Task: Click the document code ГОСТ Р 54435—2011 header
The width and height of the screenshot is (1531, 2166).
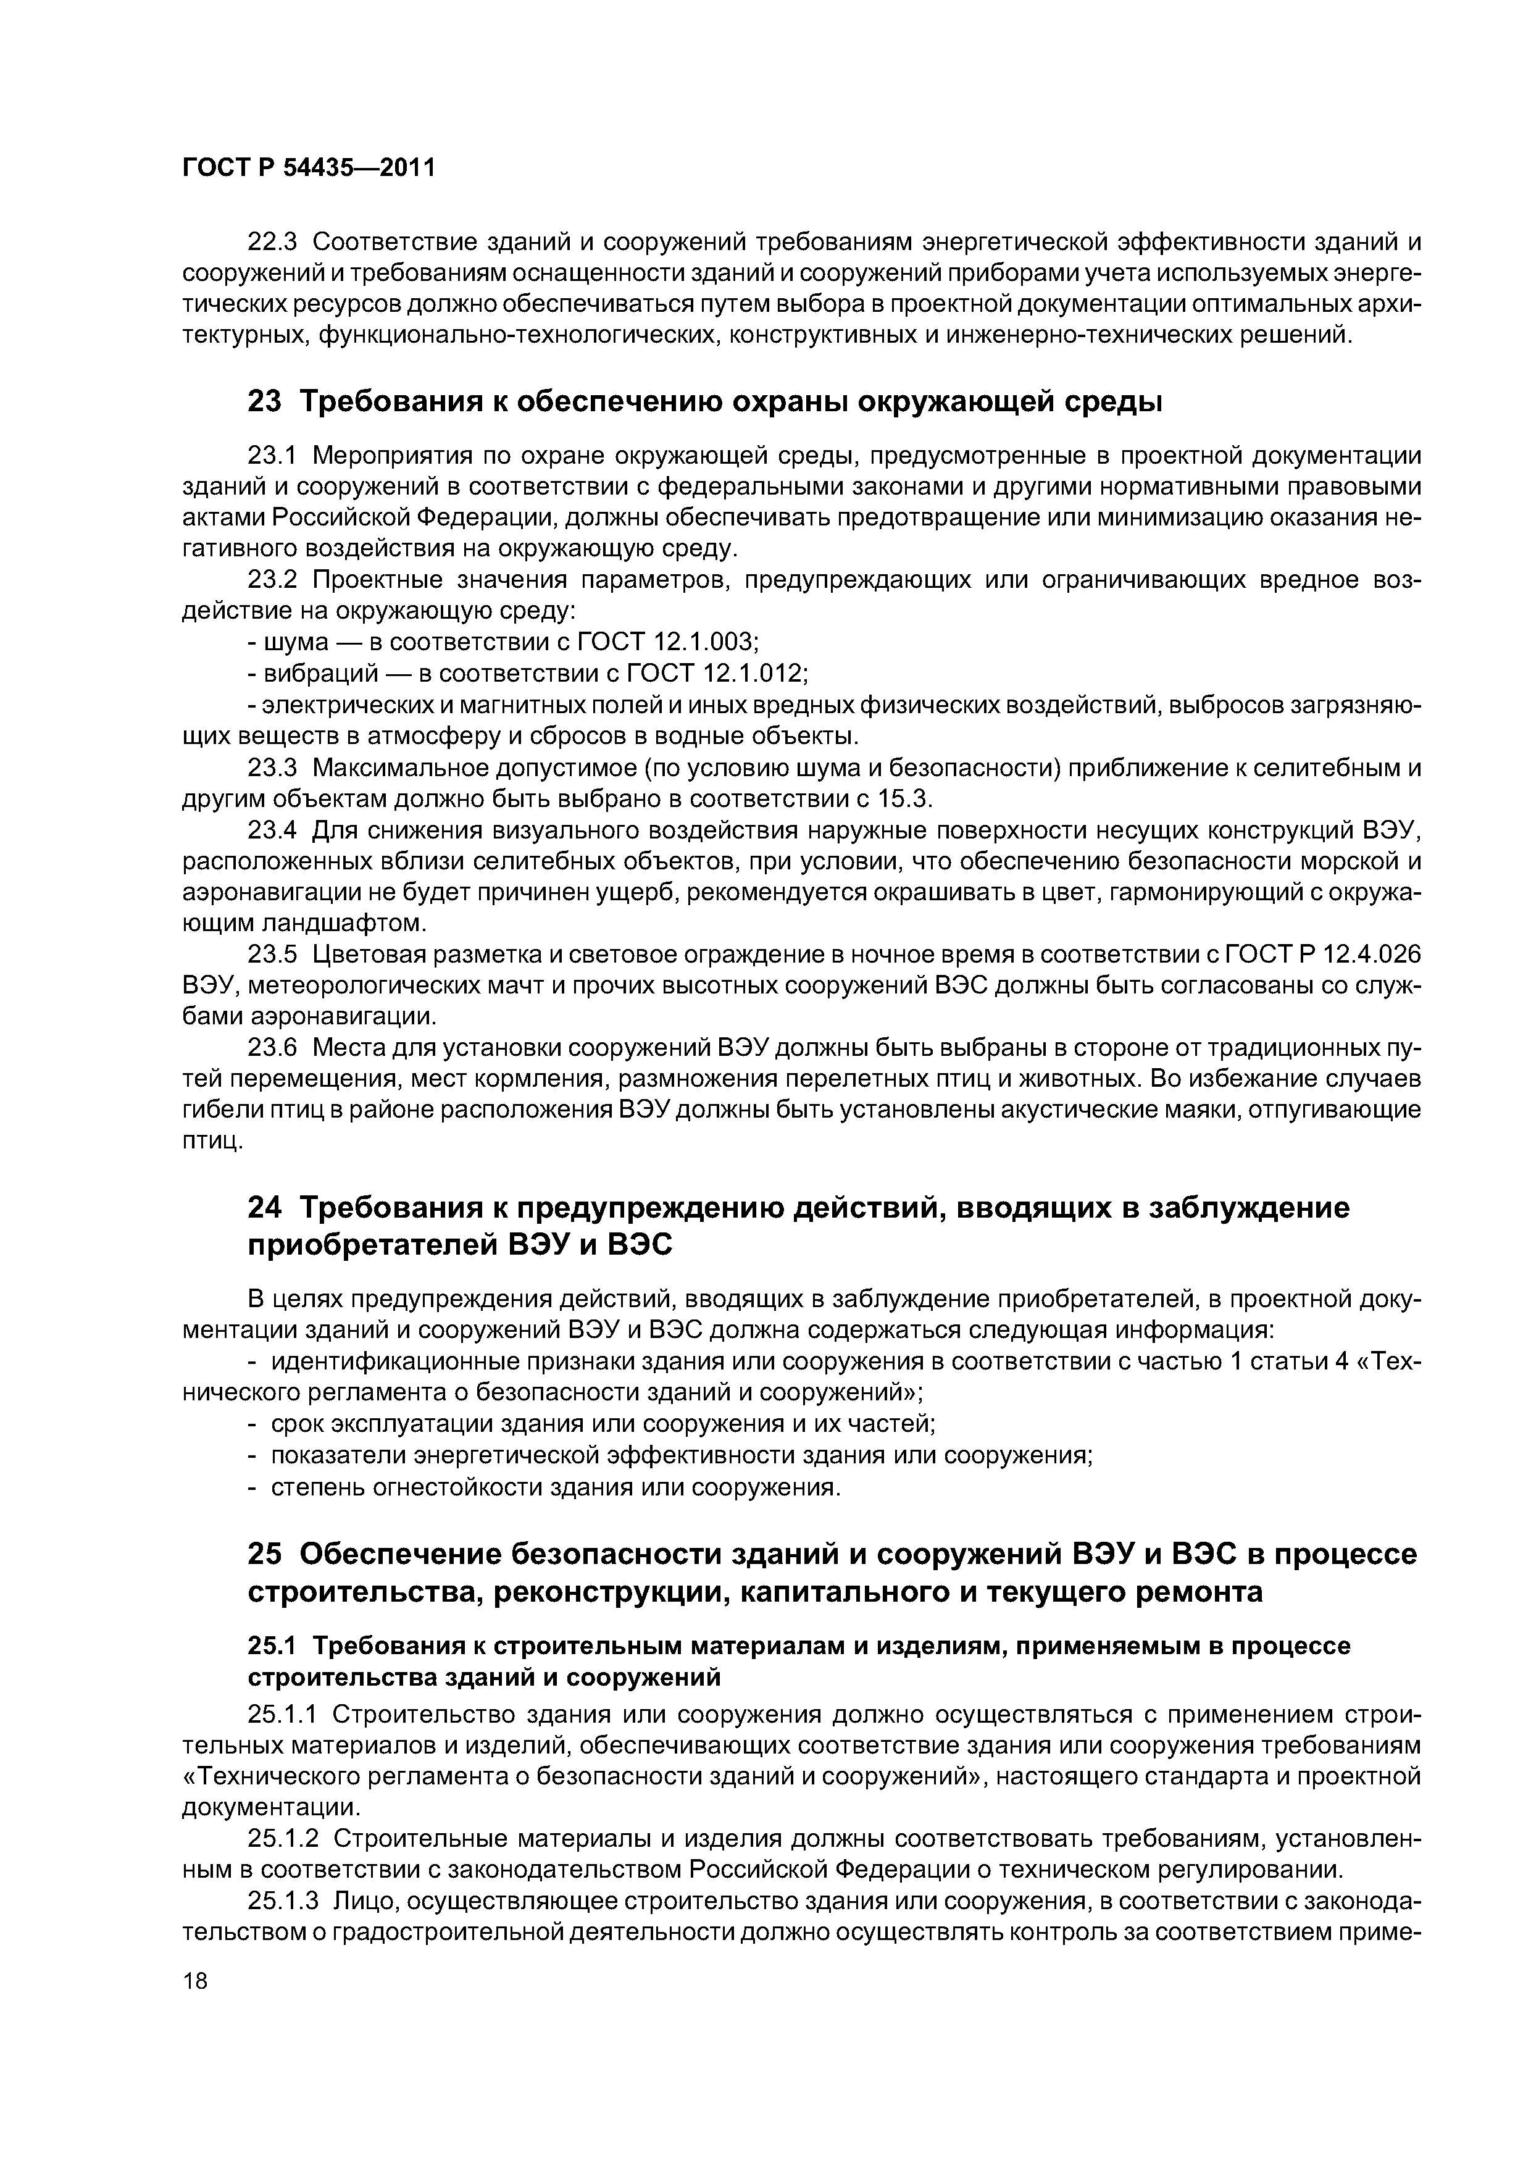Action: coord(309,168)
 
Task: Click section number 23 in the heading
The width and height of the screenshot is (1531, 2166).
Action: coord(264,402)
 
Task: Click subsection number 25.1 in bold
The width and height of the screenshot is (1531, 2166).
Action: coord(272,1645)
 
